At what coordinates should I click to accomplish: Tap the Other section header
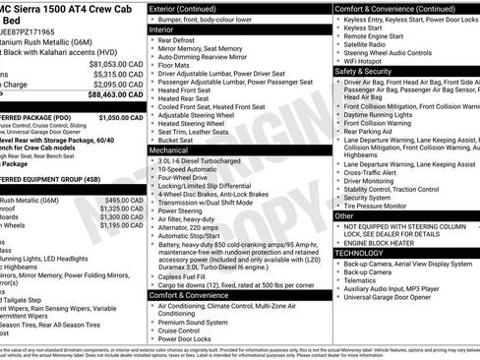tap(344, 214)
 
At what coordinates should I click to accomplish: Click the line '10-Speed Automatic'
tap(192, 168)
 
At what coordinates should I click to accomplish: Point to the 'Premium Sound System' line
tap(200, 322)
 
